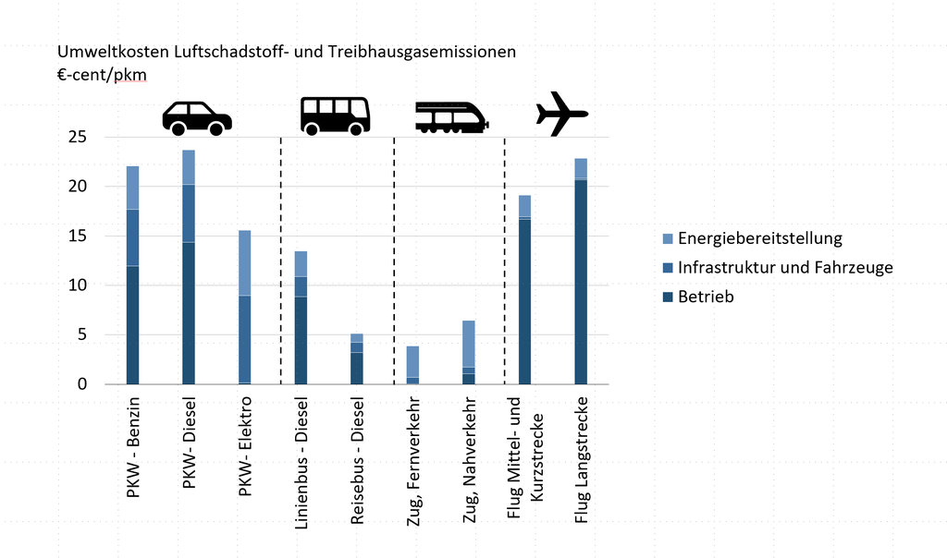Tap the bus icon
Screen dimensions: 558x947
pyautogui.click(x=335, y=115)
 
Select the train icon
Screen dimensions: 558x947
pyautogui.click(x=450, y=115)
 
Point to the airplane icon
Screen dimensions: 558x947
pyautogui.click(x=561, y=114)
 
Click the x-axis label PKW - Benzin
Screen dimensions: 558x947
pyautogui.click(x=134, y=448)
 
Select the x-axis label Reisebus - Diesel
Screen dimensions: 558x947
pyautogui.click(x=358, y=462)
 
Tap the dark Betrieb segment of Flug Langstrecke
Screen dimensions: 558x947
pyautogui.click(x=581, y=282)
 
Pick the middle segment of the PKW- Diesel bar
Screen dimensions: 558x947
pyautogui.click(x=189, y=213)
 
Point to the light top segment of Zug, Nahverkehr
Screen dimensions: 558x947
pyautogui.click(x=469, y=344)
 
